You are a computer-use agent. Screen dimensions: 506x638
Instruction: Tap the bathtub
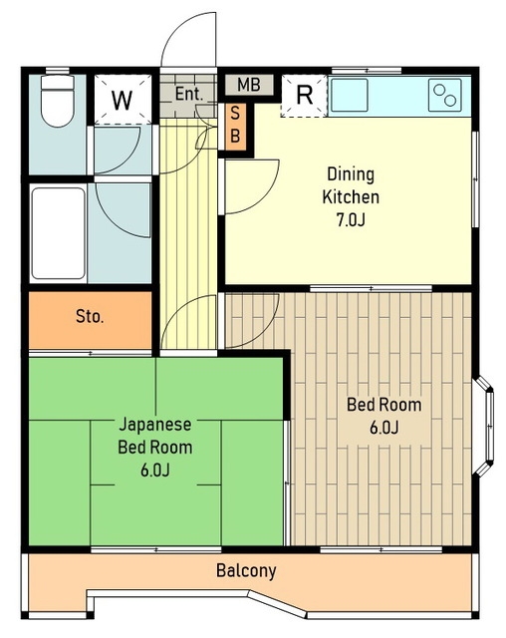coord(58,233)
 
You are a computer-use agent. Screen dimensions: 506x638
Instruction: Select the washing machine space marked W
coord(122,100)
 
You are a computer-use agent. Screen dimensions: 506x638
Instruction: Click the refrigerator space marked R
coord(305,96)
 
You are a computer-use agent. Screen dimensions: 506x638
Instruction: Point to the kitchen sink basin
coord(349,96)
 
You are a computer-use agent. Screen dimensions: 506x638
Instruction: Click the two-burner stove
coord(445,96)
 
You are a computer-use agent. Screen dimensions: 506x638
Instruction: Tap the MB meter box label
coord(249,85)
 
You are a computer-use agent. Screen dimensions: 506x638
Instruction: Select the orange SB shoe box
coord(235,126)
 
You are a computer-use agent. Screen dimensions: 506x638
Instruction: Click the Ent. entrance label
coord(189,94)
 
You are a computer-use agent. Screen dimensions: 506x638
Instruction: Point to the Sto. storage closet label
coord(90,316)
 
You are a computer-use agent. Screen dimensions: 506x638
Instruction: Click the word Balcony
coord(246,570)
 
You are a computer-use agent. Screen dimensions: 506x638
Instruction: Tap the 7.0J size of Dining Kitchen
coord(351,219)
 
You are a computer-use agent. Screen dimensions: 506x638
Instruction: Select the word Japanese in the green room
coord(155,425)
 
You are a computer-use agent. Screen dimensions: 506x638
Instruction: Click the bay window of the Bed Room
coord(484,426)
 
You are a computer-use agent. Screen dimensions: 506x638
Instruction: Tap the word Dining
coord(351,174)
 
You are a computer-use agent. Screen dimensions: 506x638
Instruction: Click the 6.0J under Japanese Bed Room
coord(155,471)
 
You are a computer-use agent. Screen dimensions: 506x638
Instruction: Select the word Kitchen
coord(351,197)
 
